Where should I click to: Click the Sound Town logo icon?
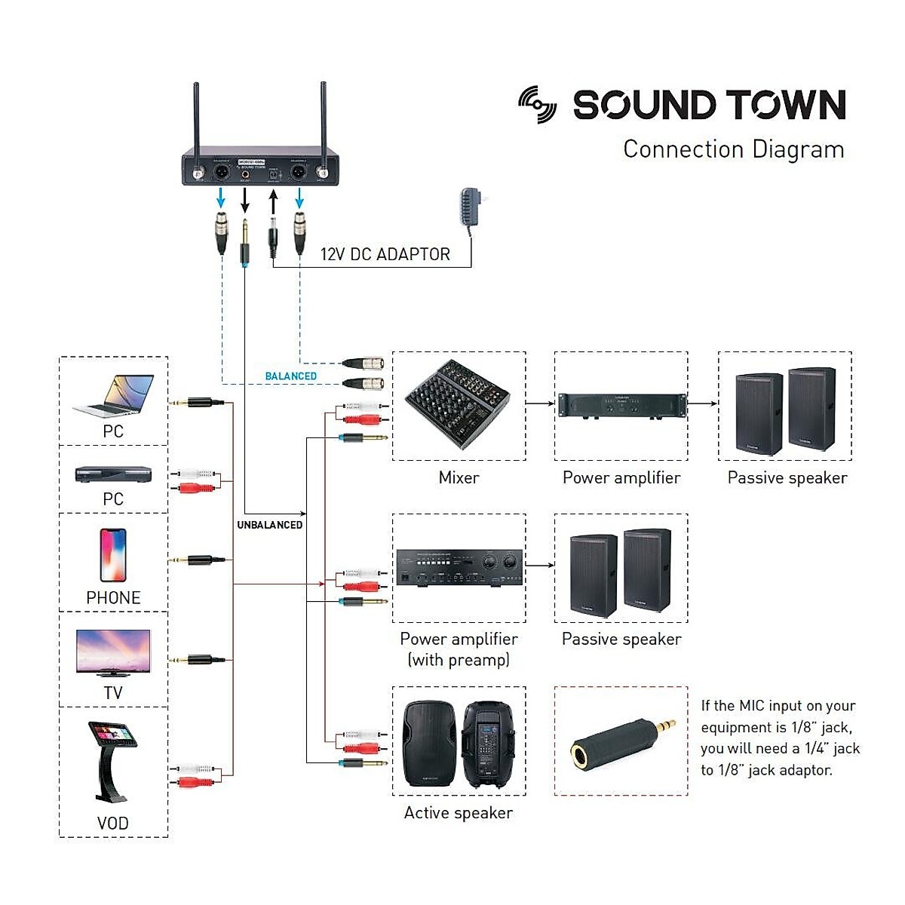pos(538,105)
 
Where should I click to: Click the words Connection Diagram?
pos(733,149)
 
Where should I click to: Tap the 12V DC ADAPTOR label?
pos(385,254)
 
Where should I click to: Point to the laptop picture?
pos(115,396)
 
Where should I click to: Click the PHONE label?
pos(113,597)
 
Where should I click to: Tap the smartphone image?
pos(113,555)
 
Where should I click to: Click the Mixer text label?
pos(459,477)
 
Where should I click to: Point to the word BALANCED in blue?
pos(290,376)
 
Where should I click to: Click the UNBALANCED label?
pos(269,525)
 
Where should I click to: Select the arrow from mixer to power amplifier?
pos(540,403)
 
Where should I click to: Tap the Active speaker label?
pos(458,812)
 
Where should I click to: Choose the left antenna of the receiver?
pos(196,121)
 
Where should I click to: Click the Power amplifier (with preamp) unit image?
pos(459,568)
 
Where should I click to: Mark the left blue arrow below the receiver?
pos(221,198)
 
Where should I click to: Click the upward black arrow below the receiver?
pos(273,201)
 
